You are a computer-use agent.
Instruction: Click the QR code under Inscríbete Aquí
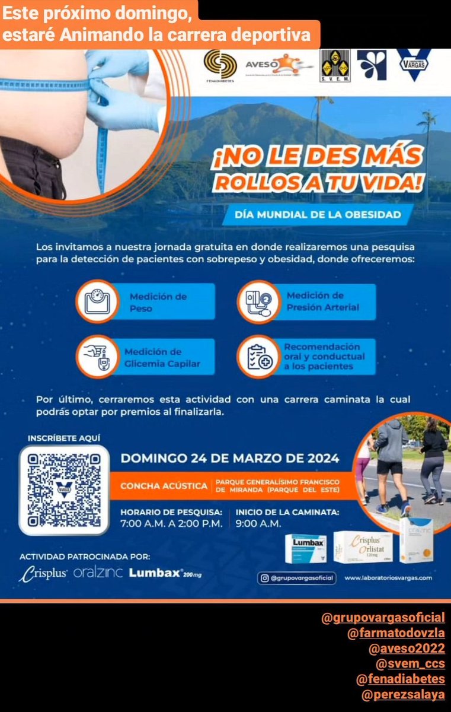coord(65,490)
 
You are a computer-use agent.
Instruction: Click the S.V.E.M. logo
coord(335,65)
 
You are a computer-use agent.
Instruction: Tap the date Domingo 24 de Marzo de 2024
coord(230,458)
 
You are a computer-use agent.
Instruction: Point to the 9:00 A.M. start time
coord(258,523)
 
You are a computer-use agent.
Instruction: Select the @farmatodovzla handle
coord(396,633)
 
